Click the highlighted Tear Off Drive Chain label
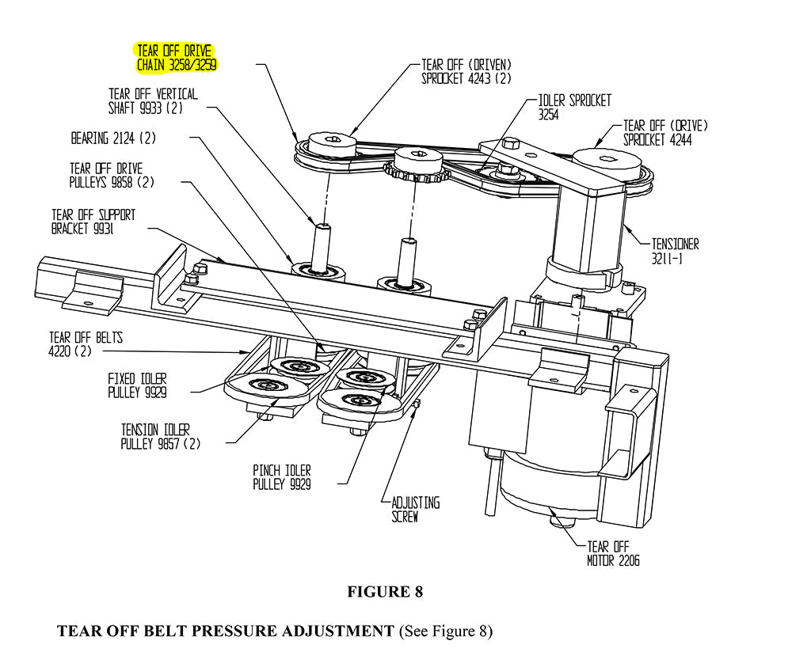pos(177,58)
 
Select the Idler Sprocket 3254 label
pos(574,108)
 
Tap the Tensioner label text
pos(675,251)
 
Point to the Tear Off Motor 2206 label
pos(613,553)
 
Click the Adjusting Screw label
pos(415,510)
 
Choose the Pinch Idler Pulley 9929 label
pos(281,477)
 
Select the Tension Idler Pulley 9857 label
pos(160,436)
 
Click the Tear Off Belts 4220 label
pos(86,344)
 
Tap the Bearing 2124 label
pos(113,138)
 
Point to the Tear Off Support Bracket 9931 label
pos(93,222)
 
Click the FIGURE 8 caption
pos(385,592)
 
